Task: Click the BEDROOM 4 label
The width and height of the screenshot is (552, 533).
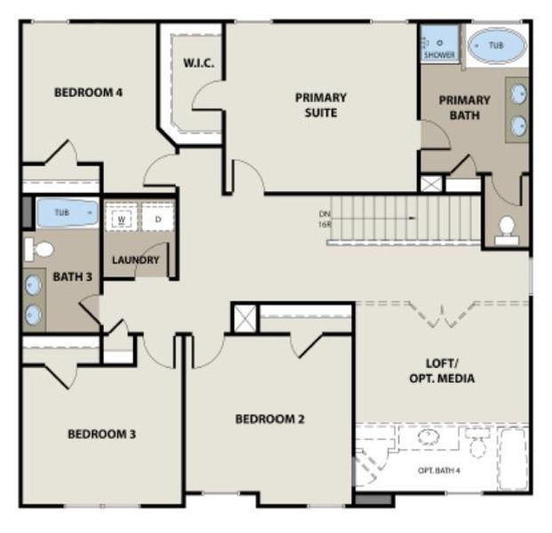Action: (x=88, y=92)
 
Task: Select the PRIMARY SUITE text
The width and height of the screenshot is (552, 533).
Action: (x=320, y=105)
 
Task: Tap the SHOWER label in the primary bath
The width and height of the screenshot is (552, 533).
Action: (x=439, y=55)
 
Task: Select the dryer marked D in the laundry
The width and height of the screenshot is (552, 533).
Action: (x=158, y=219)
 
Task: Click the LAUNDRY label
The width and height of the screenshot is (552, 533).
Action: (x=136, y=260)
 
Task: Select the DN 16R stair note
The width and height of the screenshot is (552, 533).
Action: (x=325, y=219)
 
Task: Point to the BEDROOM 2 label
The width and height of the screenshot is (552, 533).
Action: (x=270, y=418)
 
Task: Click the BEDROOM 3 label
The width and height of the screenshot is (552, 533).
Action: (x=102, y=434)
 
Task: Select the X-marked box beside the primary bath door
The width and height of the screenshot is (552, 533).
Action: (x=431, y=184)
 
